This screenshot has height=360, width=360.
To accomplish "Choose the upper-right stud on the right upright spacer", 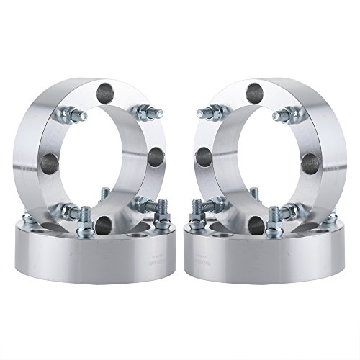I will pos(290,112).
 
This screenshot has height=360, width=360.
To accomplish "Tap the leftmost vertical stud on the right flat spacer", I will pos(194,216).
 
